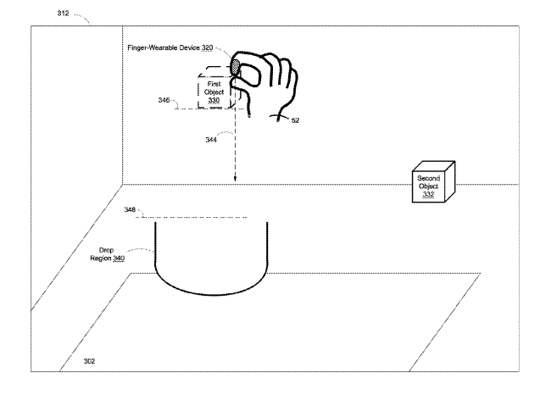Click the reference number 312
pos(63,14)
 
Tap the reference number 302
pos(89,361)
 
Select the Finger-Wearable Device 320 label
pos(170,47)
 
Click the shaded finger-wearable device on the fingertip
pos(235,67)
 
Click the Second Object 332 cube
pos(433,182)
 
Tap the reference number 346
pos(164,100)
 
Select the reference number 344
pos(211,140)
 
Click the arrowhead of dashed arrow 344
pos(235,179)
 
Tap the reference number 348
pos(130,209)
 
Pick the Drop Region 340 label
pos(107,254)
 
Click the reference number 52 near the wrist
pos(295,120)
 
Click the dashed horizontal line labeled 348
pos(191,217)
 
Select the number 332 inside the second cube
pos(428,194)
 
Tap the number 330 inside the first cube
pos(214,100)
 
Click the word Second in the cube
pos(428,178)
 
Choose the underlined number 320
pos(208,47)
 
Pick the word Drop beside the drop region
pos(106,250)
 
